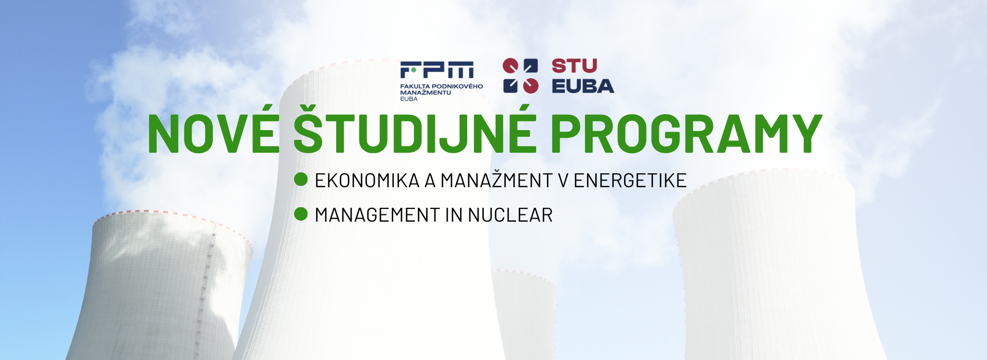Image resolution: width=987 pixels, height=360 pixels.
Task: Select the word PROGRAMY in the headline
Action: pos(687,133)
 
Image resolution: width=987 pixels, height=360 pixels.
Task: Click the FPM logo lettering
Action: pos(437,69)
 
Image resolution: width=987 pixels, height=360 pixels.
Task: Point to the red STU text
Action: pos(574,66)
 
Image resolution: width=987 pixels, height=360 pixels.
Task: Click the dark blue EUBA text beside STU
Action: pos(583,86)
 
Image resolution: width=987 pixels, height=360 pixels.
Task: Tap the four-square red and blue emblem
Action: pos(520,76)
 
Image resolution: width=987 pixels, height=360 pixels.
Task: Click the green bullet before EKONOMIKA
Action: pos(301,179)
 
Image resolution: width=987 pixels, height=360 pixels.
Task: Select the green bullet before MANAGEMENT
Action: pos(301,213)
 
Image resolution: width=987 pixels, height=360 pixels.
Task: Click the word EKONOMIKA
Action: pos(368,181)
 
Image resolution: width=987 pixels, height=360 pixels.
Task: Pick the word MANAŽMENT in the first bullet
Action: pos(497,180)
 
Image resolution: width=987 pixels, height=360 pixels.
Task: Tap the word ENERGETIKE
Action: pos(630,181)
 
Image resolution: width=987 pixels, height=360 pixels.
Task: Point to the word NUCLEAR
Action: pos(510,215)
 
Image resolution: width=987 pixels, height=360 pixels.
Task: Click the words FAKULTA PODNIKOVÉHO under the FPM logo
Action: pos(442,86)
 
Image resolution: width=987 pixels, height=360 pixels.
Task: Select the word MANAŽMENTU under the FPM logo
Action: pos(426,92)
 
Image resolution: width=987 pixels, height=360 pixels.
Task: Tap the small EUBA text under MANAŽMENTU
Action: pos(409,99)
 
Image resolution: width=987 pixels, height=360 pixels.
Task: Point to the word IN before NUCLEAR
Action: pos(454,215)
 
